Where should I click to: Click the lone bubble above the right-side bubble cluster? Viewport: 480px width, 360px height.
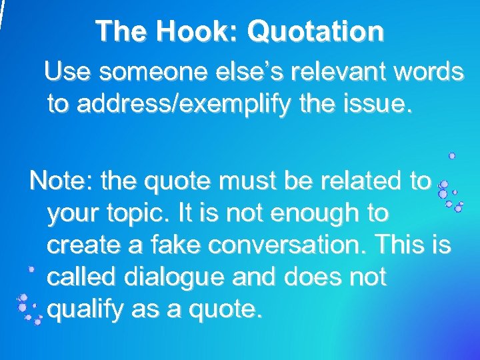(452, 155)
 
